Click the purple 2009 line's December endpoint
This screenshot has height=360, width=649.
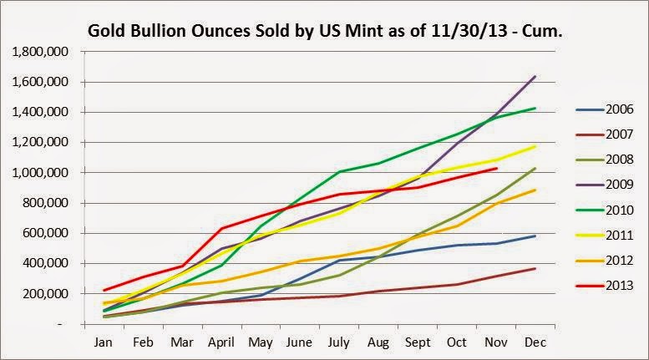click(x=535, y=76)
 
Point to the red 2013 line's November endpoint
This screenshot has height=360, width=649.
click(x=497, y=168)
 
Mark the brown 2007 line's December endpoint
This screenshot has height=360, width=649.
click(x=535, y=268)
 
